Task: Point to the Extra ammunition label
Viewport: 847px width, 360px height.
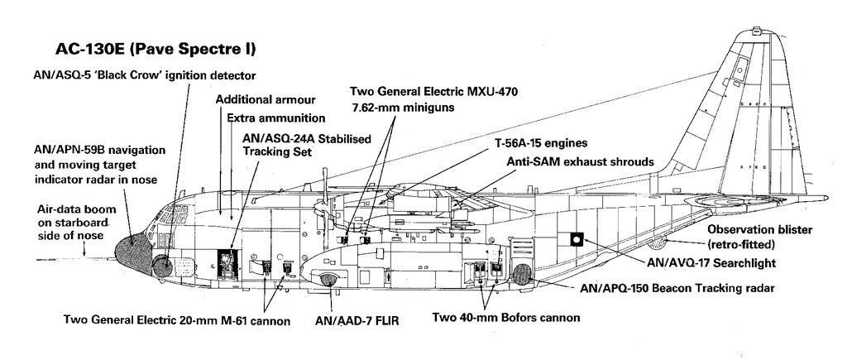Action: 275,118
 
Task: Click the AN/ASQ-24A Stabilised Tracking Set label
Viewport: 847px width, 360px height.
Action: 306,145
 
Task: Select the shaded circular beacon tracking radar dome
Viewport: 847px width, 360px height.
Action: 523,276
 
